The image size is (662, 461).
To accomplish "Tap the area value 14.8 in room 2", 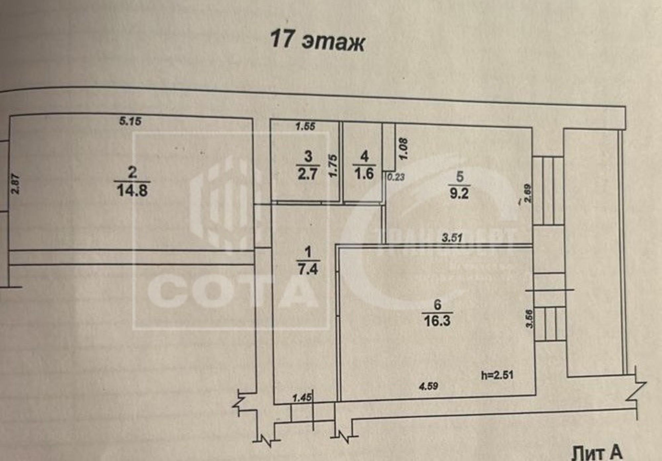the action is click(132, 191).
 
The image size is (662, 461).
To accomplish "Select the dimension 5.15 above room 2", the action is click(130, 121).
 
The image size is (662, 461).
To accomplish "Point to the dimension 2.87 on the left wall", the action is click(16, 184).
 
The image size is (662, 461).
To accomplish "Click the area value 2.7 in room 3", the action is click(307, 174).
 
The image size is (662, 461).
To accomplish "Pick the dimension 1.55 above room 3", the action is click(305, 126).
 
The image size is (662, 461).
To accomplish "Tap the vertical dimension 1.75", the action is click(333, 165).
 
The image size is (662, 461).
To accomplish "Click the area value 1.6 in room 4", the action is click(364, 174).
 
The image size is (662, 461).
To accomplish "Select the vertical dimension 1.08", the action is click(403, 149).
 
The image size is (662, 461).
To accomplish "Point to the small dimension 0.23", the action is click(396, 177).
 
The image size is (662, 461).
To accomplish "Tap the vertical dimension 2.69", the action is click(528, 193).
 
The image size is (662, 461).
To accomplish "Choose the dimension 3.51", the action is click(452, 237).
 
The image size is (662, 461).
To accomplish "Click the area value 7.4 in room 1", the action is click(308, 269).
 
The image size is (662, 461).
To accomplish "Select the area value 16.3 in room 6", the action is click(437, 321).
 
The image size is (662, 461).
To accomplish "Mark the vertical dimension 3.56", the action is click(530, 319).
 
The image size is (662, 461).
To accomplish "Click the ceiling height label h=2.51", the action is click(497, 375).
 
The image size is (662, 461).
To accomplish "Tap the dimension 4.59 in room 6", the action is click(428, 386).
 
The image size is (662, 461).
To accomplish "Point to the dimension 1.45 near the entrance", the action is click(302, 397).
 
